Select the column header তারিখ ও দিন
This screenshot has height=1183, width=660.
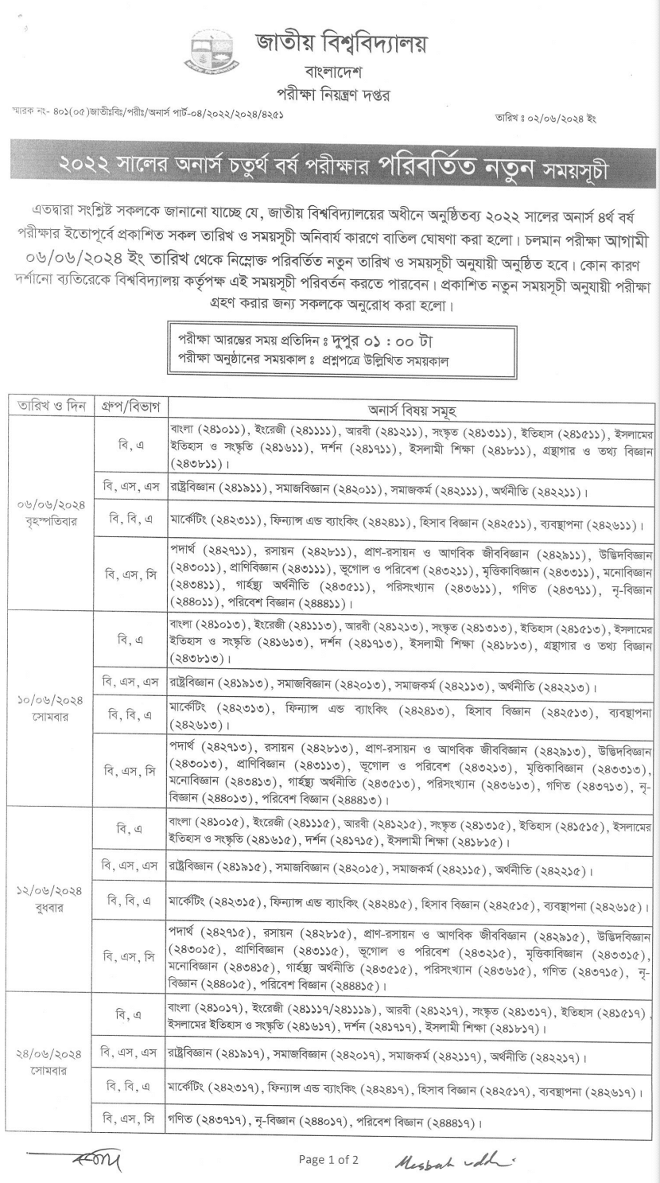(x=49, y=408)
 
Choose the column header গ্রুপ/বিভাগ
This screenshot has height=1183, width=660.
(x=130, y=408)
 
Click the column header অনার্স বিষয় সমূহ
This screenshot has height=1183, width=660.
(x=410, y=409)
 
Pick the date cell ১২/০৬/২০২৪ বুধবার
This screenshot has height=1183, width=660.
(x=49, y=899)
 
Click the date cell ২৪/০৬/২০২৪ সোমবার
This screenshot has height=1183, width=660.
(x=49, y=1063)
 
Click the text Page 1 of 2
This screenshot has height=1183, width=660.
(x=328, y=1159)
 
